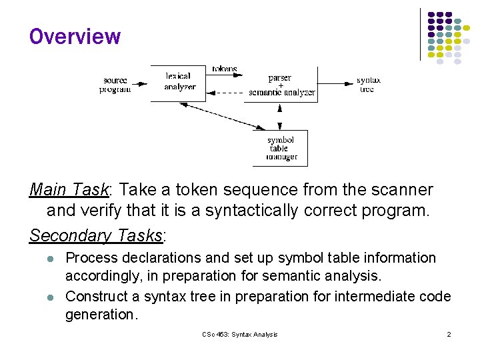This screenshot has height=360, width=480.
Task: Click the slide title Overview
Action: tap(75, 37)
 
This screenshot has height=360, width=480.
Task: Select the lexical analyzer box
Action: tap(178, 83)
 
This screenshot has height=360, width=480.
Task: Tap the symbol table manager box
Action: tap(281, 148)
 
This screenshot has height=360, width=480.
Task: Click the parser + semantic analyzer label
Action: tap(281, 85)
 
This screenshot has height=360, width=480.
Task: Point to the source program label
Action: tap(115, 85)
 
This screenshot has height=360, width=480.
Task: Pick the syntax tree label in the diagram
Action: tap(367, 85)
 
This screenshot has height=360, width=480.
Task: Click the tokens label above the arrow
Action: tap(225, 69)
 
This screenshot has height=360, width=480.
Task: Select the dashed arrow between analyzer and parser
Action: tap(227, 92)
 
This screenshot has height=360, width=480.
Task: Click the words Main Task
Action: tap(69, 191)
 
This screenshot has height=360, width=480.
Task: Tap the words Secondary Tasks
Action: tap(96, 235)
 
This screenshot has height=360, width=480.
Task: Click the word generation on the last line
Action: tap(100, 315)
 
